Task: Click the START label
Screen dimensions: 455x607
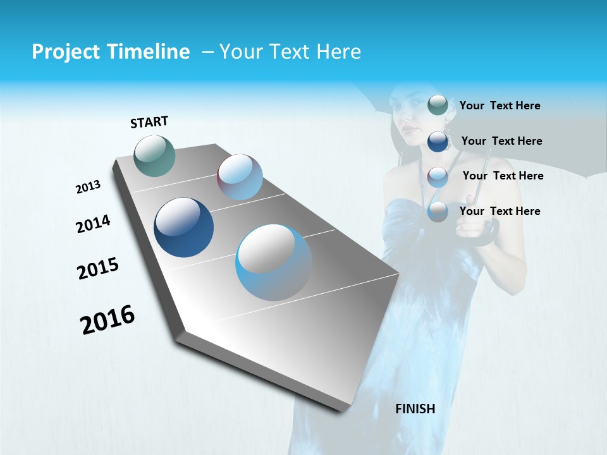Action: point(149,122)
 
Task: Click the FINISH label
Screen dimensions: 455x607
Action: point(415,409)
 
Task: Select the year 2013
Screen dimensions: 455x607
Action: point(88,187)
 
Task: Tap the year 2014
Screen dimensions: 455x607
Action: point(93,224)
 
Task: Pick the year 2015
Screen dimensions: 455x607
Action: point(97,269)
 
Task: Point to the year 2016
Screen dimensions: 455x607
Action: point(107,320)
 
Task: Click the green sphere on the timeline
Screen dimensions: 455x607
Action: point(155,155)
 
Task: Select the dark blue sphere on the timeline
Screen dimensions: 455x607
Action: point(184,227)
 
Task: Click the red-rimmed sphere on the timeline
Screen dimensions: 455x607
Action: point(240,177)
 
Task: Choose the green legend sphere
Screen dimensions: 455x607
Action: point(438,105)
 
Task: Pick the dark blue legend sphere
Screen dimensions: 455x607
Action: point(438,141)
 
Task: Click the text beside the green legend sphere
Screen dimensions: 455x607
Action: point(500,106)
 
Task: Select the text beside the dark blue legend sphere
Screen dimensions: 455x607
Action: point(501,141)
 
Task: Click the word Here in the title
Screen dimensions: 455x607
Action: point(338,52)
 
